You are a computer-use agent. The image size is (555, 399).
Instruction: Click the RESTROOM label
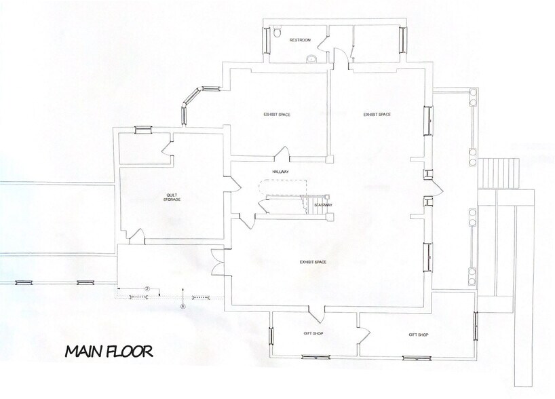299,41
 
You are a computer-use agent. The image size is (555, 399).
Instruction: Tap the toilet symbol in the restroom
278,33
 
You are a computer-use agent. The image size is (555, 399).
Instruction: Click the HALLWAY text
281,172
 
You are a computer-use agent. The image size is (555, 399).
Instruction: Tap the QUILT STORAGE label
172,197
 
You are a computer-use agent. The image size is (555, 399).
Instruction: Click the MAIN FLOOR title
109,351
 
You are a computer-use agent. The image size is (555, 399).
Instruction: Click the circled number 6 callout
183,306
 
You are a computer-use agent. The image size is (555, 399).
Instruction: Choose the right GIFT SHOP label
418,335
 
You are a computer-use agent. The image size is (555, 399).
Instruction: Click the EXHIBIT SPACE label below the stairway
315,261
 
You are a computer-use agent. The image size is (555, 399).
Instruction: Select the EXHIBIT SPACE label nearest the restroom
277,115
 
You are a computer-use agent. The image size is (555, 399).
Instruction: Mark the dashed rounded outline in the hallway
284,187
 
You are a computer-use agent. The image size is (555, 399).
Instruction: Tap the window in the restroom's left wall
266,42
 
